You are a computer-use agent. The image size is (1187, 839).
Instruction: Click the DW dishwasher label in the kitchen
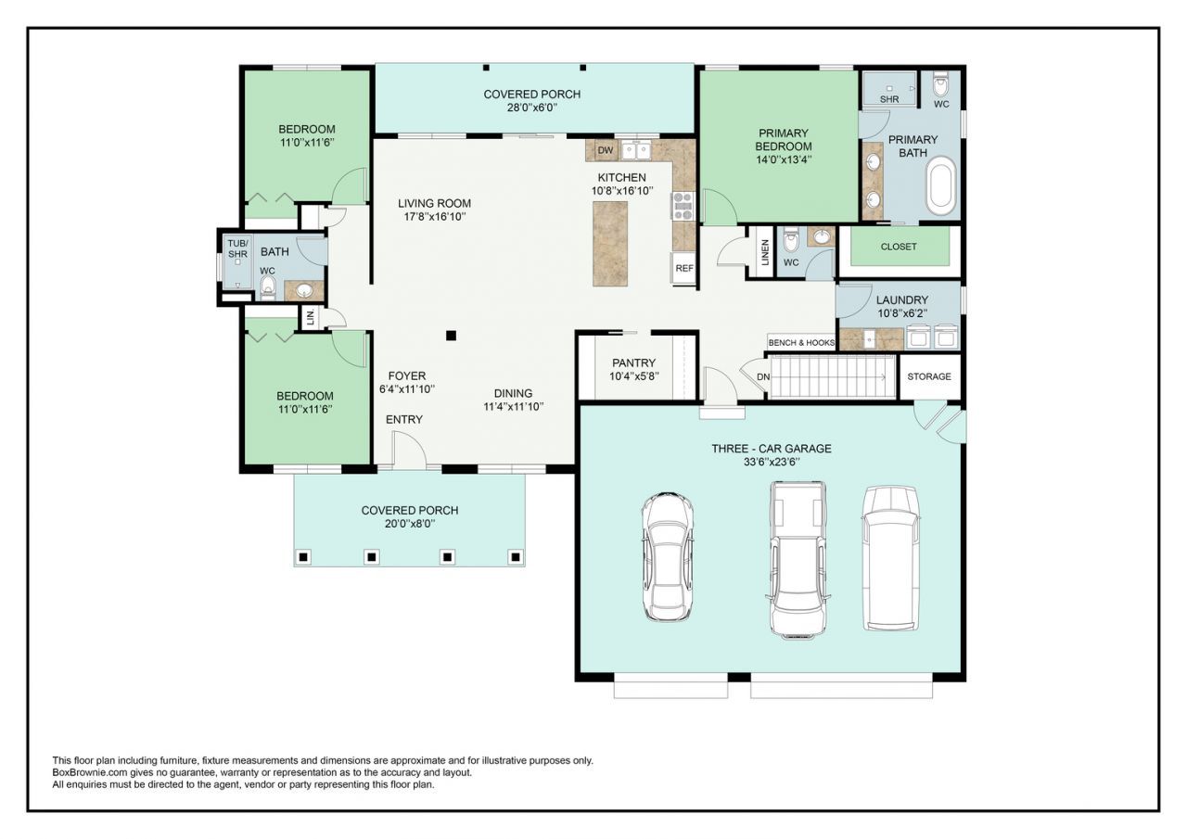click(x=606, y=150)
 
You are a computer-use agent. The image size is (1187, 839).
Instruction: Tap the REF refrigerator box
click(x=684, y=269)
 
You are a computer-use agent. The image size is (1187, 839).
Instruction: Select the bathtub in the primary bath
click(x=940, y=185)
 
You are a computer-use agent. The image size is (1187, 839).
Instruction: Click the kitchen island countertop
click(x=610, y=244)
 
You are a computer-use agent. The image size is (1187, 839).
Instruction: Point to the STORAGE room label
click(x=929, y=376)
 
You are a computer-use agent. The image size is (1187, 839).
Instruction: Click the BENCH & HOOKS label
click(x=801, y=343)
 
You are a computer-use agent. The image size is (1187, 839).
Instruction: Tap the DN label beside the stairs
click(x=763, y=377)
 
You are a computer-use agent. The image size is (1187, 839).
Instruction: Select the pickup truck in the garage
click(x=798, y=560)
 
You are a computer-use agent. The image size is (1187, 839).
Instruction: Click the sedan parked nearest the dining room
click(x=668, y=556)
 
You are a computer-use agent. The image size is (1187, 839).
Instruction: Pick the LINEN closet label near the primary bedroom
click(x=765, y=251)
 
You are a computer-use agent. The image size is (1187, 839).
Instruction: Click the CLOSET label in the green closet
click(x=899, y=247)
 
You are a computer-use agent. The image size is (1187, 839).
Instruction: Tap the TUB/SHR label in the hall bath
click(x=237, y=249)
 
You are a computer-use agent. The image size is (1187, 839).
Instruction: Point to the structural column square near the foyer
click(x=451, y=336)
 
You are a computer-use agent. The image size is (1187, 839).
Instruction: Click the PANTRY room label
click(x=633, y=362)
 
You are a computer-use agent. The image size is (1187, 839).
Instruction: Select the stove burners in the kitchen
click(x=683, y=206)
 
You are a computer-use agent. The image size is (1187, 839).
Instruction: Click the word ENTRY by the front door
click(x=404, y=419)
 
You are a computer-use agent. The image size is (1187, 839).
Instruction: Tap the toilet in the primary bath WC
click(x=941, y=84)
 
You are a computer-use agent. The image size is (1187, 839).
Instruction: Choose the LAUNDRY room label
click(x=902, y=299)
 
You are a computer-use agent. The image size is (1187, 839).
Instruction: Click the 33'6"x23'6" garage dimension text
click(x=772, y=462)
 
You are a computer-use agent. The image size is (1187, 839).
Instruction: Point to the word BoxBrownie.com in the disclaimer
click(x=86, y=773)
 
